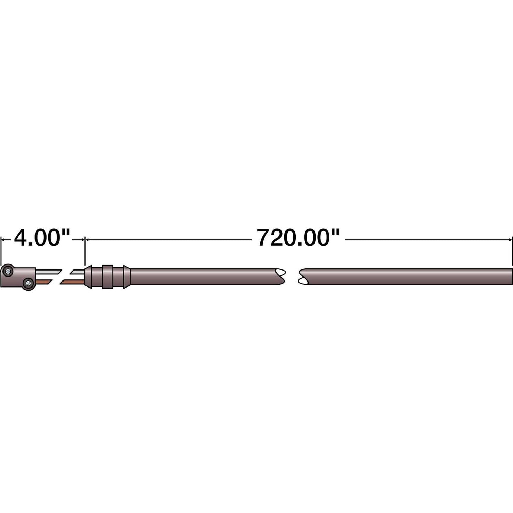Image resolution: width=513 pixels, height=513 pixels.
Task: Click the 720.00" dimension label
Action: point(298,238)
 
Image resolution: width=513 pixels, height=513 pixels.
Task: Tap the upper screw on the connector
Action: point(8,272)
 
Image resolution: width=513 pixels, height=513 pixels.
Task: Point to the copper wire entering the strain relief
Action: point(72,282)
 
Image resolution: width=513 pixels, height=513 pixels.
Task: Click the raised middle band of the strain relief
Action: point(107,277)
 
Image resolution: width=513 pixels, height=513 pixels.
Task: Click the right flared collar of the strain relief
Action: point(126,277)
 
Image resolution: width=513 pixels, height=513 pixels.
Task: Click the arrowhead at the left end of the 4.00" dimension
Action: point(4,240)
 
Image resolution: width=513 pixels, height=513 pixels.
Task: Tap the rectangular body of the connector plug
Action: point(20,277)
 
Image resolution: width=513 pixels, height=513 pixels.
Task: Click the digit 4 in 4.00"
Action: point(21,238)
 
